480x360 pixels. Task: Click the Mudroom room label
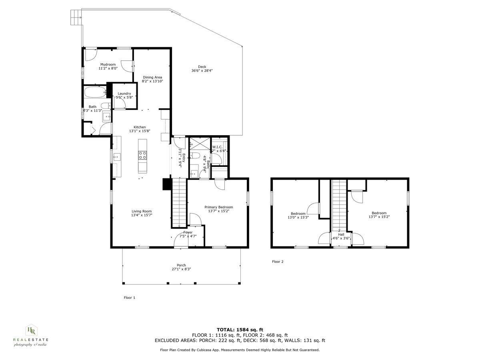[108, 64]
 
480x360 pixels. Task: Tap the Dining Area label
[152, 77]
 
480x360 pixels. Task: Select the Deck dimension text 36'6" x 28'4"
[202, 71]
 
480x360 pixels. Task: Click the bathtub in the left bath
[95, 92]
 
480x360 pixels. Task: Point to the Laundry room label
[124, 94]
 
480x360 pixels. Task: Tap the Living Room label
[142, 211]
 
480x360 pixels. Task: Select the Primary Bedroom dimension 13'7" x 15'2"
[218, 211]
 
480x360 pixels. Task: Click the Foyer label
[188, 232]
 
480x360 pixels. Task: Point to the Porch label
[181, 265]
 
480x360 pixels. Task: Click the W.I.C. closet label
[217, 147]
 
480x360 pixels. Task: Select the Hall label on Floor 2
[341, 234]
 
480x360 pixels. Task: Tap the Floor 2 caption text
[278, 262]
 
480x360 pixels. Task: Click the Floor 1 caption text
[130, 298]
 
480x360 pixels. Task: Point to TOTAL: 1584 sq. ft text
[240, 330]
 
